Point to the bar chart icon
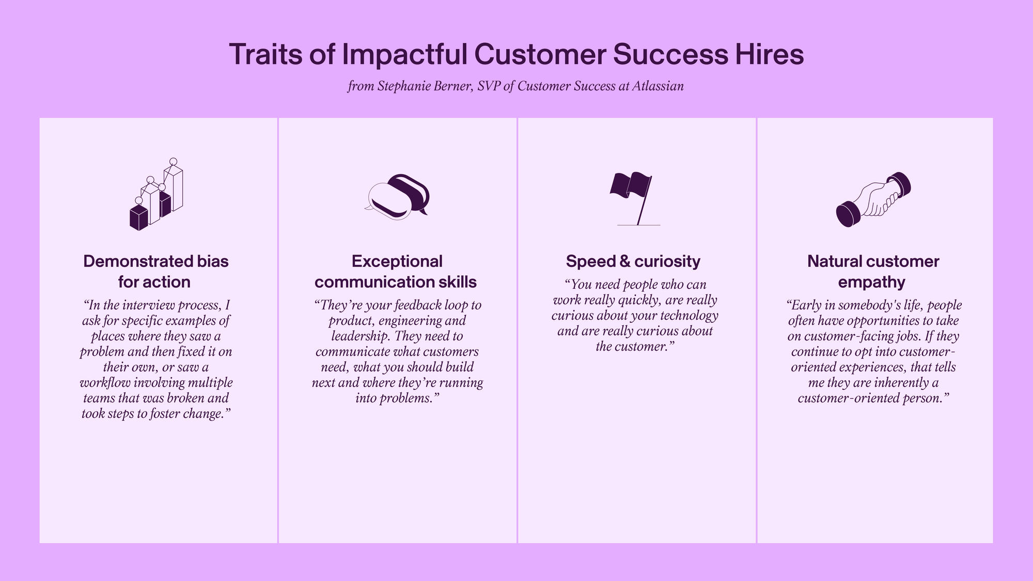point(156,194)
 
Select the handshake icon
point(873,199)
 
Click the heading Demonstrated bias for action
point(155,272)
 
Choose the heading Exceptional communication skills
point(396,272)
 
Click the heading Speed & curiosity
point(633,261)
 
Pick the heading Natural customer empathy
point(873,272)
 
